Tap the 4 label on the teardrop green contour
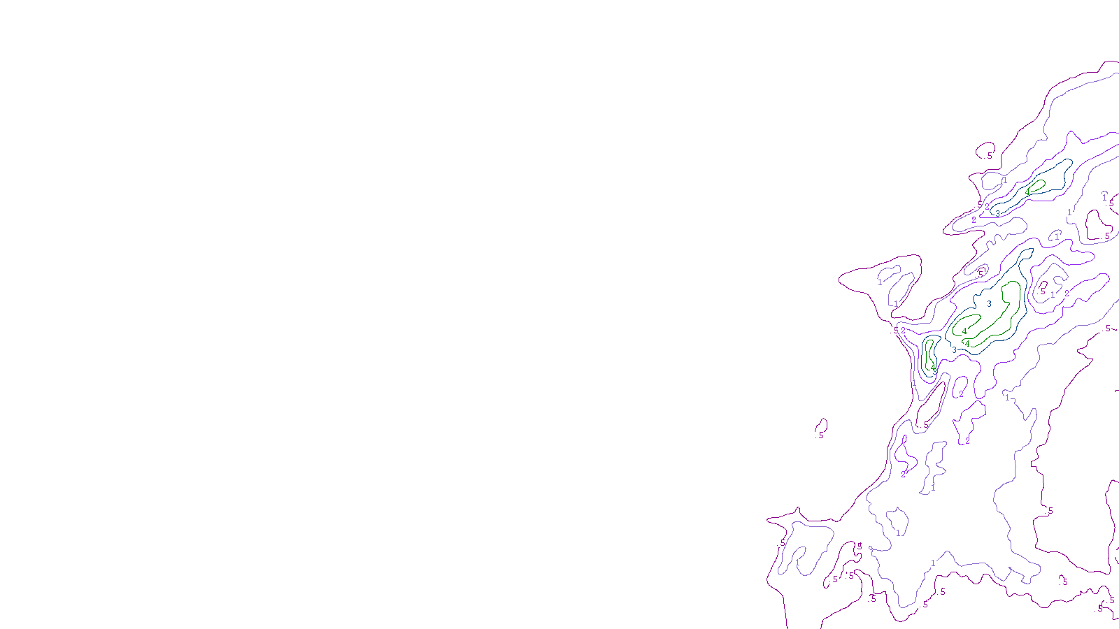[1027, 191]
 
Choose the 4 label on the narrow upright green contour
[932, 368]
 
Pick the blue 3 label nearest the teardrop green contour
[998, 212]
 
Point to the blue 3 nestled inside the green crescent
[989, 304]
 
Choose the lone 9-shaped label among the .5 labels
[860, 546]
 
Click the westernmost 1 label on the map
[797, 563]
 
